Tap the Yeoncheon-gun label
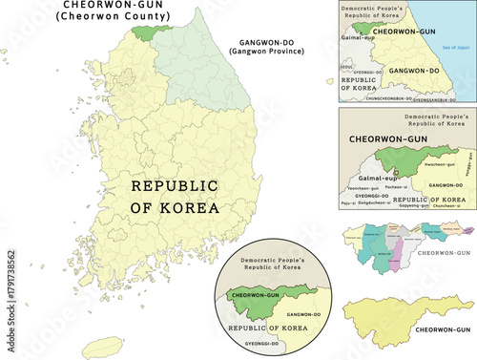[363, 188]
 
